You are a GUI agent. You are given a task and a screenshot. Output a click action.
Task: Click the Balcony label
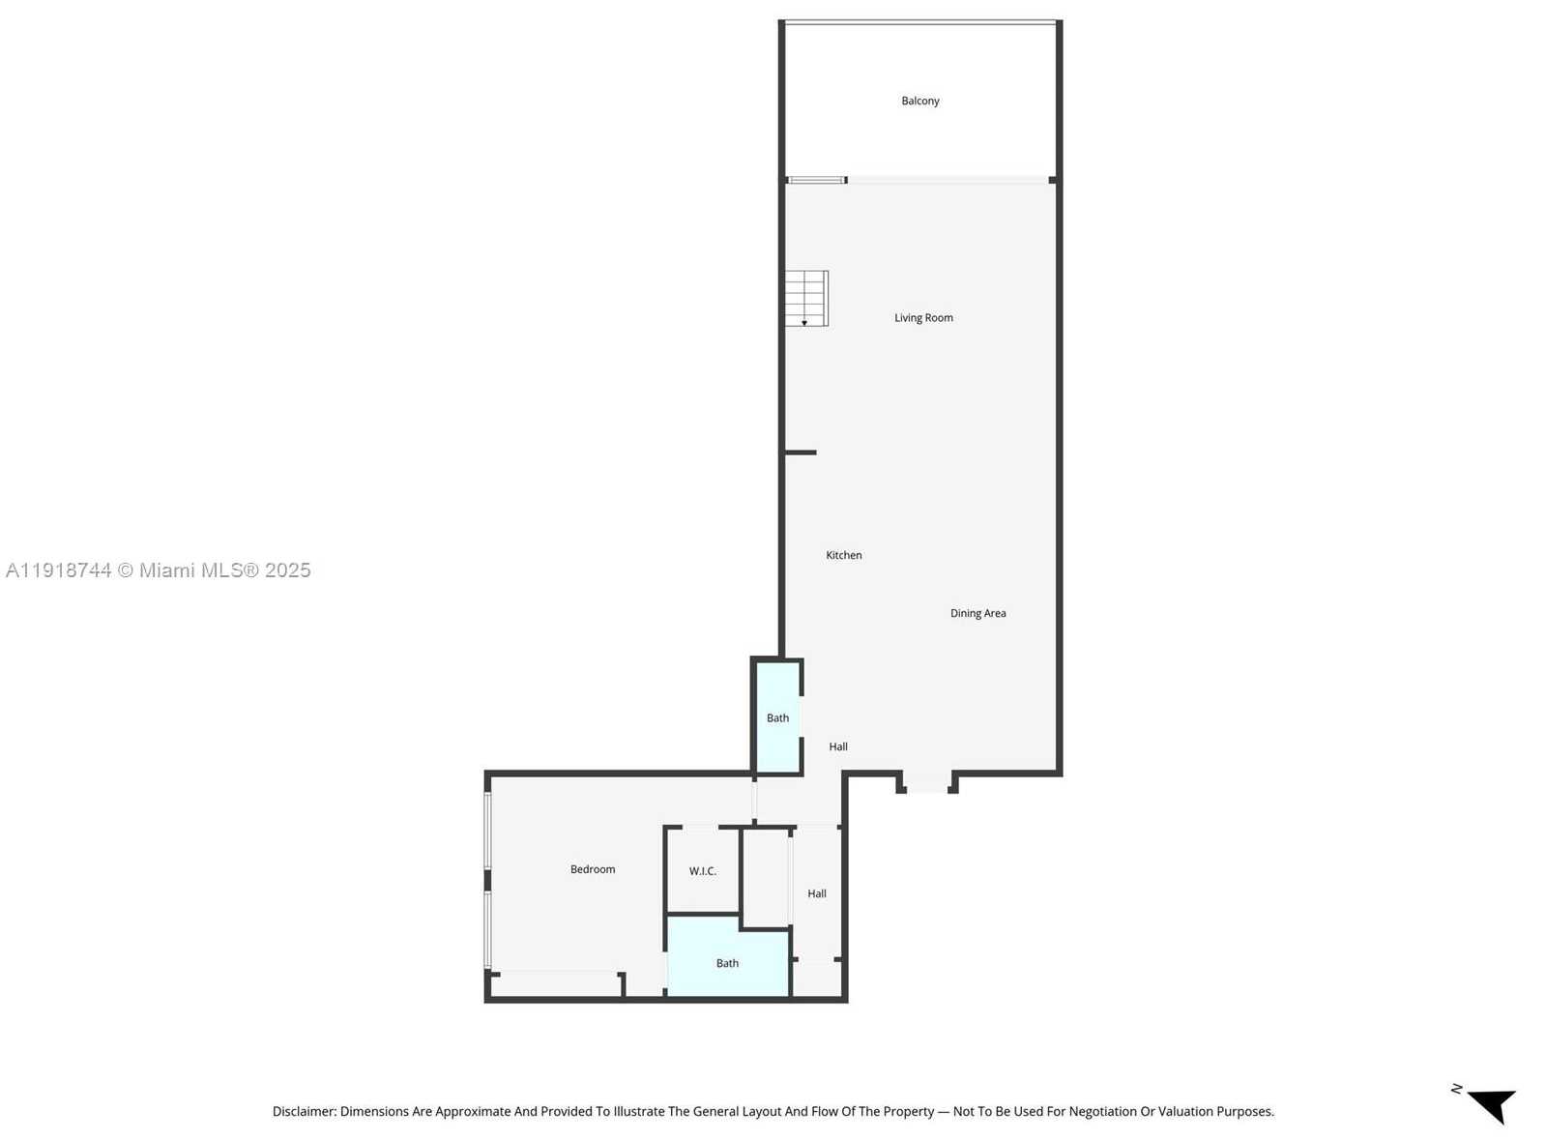[x=919, y=101]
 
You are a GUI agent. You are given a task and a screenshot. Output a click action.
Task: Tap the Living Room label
[x=923, y=317]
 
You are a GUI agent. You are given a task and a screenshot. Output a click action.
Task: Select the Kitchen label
[x=843, y=555]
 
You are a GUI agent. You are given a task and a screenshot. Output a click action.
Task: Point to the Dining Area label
[x=977, y=613]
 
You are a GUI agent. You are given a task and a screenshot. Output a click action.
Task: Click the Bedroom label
[x=593, y=869]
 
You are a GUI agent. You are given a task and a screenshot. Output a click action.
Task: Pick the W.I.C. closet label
[x=703, y=871]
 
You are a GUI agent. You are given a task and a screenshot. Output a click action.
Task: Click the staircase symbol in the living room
[x=806, y=299]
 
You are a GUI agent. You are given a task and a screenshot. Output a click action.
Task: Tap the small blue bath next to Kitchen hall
[x=777, y=717]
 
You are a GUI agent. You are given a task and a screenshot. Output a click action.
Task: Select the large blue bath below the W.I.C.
[x=727, y=963]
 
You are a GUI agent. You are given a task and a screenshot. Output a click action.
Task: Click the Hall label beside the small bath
[x=838, y=746]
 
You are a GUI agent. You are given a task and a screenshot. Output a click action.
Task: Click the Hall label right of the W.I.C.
[x=817, y=893]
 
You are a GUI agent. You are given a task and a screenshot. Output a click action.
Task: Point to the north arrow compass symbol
[x=1490, y=1103]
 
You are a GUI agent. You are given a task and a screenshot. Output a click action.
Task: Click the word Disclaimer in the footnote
[x=304, y=1112]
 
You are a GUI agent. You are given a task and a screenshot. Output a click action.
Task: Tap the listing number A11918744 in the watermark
[x=58, y=570]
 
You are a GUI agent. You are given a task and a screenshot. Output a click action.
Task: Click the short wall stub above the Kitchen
[x=801, y=453]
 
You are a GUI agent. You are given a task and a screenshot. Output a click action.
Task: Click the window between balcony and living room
[x=817, y=180]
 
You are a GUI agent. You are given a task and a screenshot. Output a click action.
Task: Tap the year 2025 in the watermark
[x=288, y=570]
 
